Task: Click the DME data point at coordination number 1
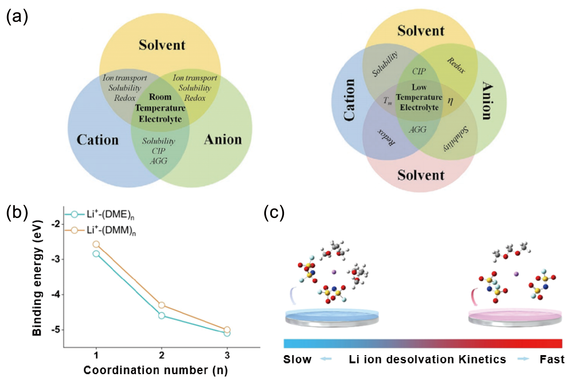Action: (96, 254)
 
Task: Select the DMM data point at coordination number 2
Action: (162, 305)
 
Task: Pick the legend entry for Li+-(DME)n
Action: (100, 215)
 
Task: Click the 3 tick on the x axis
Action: (227, 355)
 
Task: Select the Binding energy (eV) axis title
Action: (37, 278)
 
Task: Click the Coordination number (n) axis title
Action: (156, 370)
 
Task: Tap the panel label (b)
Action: (17, 212)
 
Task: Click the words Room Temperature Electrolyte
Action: (160, 108)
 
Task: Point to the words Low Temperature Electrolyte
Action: (419, 97)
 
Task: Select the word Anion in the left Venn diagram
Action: (223, 140)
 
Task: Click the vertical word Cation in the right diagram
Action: (349, 100)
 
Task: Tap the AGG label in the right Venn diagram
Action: (418, 130)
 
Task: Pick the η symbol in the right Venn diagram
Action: (450, 101)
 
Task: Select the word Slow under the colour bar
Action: (297, 359)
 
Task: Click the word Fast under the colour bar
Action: (552, 359)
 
